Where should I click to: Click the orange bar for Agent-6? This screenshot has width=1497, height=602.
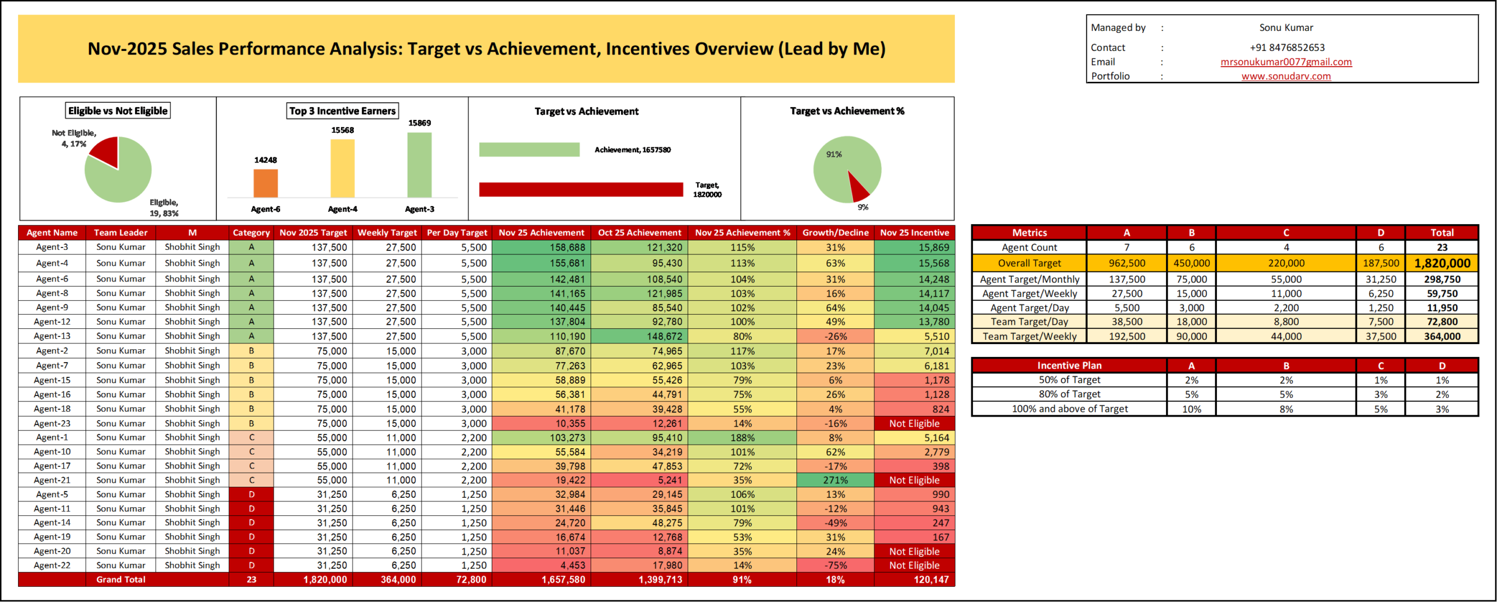pyautogui.click(x=265, y=183)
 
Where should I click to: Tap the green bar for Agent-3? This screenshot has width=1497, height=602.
pyautogui.click(x=419, y=165)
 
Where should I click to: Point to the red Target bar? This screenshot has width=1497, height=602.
pyautogui.click(x=581, y=190)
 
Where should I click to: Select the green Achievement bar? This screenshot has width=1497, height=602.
pyautogui.click(x=529, y=150)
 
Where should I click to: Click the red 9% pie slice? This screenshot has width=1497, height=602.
pyautogui.click(x=857, y=187)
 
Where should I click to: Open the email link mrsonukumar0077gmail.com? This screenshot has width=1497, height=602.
pyautogui.click(x=1286, y=62)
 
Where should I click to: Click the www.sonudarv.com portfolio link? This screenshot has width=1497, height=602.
pyautogui.click(x=1286, y=76)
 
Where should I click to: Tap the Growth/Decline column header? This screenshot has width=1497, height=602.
pyautogui.click(x=835, y=233)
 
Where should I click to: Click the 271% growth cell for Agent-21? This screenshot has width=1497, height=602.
pyautogui.click(x=835, y=480)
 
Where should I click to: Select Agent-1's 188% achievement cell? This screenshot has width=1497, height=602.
pyautogui.click(x=742, y=438)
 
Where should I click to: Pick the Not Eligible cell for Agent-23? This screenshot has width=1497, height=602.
pyautogui.click(x=914, y=424)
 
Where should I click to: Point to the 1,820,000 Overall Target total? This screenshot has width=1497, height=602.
pyautogui.click(x=1441, y=263)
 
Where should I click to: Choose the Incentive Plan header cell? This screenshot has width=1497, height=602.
pyautogui.click(x=1069, y=366)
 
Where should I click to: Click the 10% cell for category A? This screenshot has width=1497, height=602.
pyautogui.click(x=1191, y=409)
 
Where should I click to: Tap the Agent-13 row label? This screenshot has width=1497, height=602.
pyautogui.click(x=52, y=336)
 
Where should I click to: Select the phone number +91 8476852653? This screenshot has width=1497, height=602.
pyautogui.click(x=1287, y=47)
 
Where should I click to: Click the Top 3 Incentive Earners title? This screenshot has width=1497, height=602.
pyautogui.click(x=343, y=111)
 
